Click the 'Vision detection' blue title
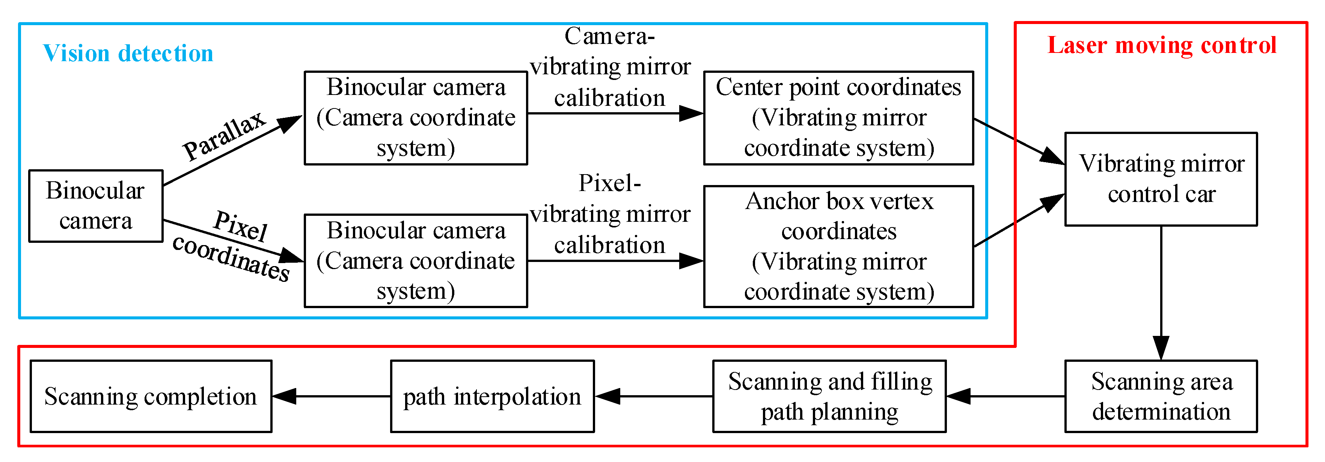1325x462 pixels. coord(128,53)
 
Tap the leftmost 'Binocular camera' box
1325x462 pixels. coord(96,206)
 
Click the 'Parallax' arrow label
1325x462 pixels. coord(224,135)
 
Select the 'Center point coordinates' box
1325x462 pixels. coord(838,118)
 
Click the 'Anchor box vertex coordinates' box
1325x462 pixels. coord(838,246)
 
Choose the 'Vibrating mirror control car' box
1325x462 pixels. coord(1161,179)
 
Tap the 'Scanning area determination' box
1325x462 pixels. coord(1161,396)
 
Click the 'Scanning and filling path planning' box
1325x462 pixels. coord(829,396)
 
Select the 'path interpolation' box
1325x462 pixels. coord(492,396)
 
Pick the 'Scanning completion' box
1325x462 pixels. coord(151,396)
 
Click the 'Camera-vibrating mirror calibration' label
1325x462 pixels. coord(610,67)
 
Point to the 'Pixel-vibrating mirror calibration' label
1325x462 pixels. coord(610,214)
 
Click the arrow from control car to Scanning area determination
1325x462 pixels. coord(1161,293)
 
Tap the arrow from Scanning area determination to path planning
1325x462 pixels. coord(1005,396)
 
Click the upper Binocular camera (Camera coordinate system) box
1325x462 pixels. coord(416,118)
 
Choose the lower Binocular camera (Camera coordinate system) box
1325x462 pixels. coord(416,260)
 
